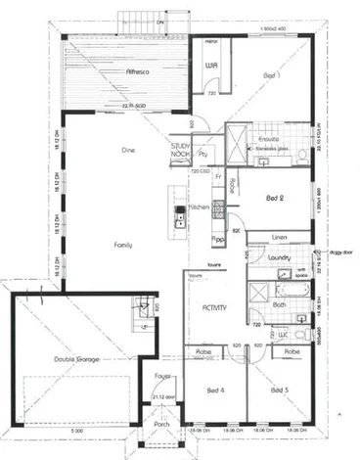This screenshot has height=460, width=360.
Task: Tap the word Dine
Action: click(126, 150)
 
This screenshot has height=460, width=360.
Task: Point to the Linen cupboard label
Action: click(279, 237)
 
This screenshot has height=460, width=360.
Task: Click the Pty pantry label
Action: click(203, 154)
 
